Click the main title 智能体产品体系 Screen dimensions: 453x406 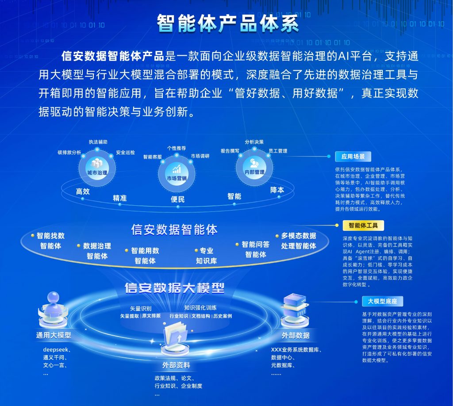tap(228, 23)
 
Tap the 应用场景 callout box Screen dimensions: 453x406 tap(353, 157)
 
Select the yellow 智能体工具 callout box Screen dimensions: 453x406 tap(363, 225)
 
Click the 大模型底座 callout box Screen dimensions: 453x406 tap(382, 301)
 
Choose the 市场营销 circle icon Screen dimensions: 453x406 tap(177, 173)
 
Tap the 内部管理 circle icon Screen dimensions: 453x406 tap(254, 168)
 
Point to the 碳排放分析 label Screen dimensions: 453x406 tap(69, 152)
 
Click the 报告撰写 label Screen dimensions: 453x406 tap(230, 151)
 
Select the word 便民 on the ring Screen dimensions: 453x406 tap(178, 199)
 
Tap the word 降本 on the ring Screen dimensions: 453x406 tap(277, 190)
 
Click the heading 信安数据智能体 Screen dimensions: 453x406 tap(174, 230)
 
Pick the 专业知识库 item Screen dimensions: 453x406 tap(206, 256)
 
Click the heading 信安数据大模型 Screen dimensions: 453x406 tap(174, 287)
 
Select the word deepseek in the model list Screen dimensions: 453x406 tap(56, 350)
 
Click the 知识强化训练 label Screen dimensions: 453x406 tap(200, 308)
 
